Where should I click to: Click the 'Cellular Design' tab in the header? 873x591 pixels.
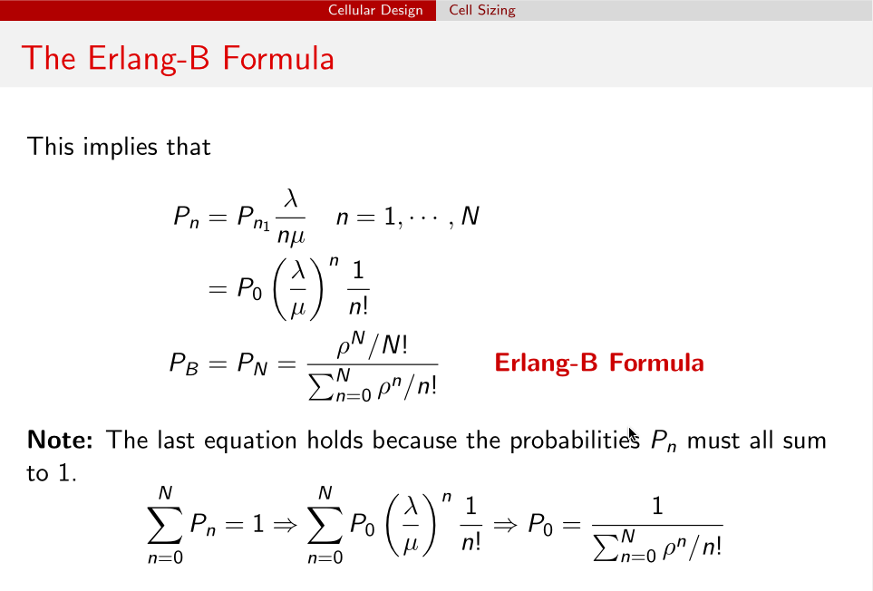(375, 10)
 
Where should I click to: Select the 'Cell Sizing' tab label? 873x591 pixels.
(482, 10)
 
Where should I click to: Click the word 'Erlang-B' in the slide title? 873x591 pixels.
(149, 58)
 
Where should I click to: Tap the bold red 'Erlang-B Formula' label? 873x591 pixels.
(599, 363)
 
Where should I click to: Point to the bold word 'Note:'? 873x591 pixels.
(60, 440)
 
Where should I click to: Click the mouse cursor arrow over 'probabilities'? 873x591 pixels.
(633, 434)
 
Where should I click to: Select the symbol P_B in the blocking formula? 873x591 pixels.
(184, 364)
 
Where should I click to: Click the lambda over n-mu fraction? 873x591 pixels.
(291, 217)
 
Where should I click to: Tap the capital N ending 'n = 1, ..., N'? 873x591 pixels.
(470, 216)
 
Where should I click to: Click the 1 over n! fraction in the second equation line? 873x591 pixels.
(358, 288)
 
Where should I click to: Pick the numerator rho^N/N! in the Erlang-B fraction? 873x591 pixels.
(372, 345)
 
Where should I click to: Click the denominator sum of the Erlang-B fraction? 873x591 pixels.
(373, 384)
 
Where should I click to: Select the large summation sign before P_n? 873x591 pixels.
(165, 525)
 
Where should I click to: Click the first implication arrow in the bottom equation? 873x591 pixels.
(285, 525)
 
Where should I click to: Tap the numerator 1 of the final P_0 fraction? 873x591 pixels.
(657, 506)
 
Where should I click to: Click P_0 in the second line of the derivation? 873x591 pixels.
(249, 289)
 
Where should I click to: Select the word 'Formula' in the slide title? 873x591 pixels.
(278, 58)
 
